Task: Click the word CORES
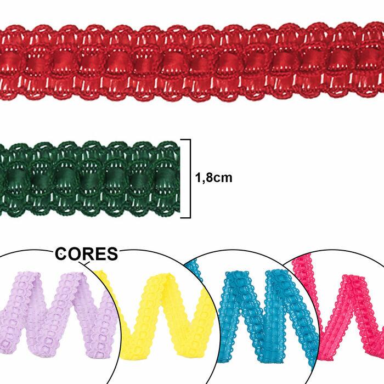click(87, 255)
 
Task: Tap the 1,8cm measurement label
click(214, 178)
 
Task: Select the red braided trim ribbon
click(192, 60)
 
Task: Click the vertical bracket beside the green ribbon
click(190, 178)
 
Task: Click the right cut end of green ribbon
click(177, 178)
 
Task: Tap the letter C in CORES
click(62, 255)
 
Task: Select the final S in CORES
click(112, 255)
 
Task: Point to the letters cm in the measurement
click(224, 178)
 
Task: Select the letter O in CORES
click(75, 255)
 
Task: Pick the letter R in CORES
click(88, 255)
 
